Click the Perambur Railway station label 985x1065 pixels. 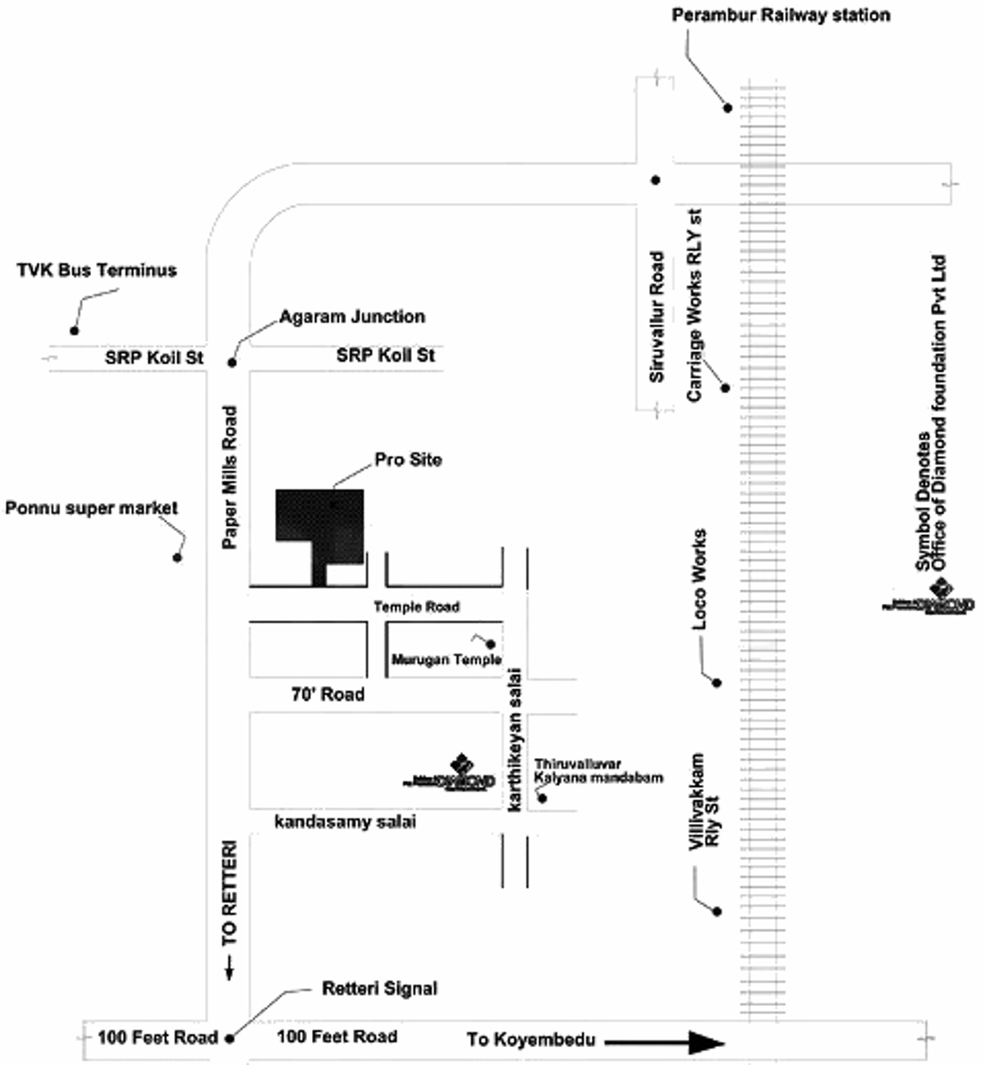pyautogui.click(x=781, y=16)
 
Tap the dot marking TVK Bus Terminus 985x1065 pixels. pyautogui.click(x=74, y=331)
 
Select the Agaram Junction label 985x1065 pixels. pyautogui.click(x=352, y=317)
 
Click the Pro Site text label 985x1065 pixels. pyautogui.click(x=408, y=459)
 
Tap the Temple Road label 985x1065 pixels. pyautogui.click(x=416, y=607)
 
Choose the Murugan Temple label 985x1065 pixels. pyautogui.click(x=446, y=660)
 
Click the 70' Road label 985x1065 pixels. pyautogui.click(x=328, y=694)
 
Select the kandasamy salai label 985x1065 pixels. pyautogui.click(x=345, y=821)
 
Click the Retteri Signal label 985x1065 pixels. pyautogui.click(x=379, y=989)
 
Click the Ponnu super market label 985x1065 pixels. pyautogui.click(x=91, y=509)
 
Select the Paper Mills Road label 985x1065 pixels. pyautogui.click(x=230, y=478)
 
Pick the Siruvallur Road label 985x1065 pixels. pyautogui.click(x=657, y=317)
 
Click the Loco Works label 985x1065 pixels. pyautogui.click(x=699, y=579)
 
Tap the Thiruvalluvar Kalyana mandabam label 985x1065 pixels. pyautogui.click(x=598, y=770)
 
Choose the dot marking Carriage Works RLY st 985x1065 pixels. pyautogui.click(x=726, y=387)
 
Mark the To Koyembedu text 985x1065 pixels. pyautogui.click(x=530, y=1040)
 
